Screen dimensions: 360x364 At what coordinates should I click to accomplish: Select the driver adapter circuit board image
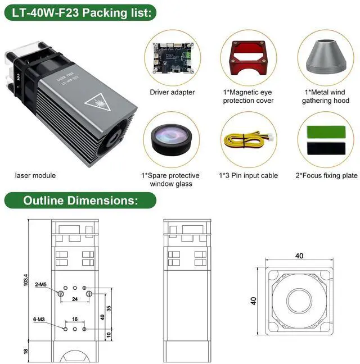[x=172, y=58]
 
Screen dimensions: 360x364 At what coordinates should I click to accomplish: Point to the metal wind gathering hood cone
[x=325, y=58]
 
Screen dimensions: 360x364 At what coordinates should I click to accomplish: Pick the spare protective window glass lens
[x=172, y=140]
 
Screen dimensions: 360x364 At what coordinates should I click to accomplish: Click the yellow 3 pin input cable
[x=248, y=140]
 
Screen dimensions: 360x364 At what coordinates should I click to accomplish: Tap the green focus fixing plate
[x=325, y=131]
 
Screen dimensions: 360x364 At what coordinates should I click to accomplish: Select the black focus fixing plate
[x=325, y=149]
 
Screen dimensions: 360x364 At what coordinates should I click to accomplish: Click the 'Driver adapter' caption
[x=172, y=92]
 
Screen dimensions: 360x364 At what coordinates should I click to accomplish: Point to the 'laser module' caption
[x=35, y=175]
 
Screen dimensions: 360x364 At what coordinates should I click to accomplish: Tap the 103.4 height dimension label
[x=25, y=279]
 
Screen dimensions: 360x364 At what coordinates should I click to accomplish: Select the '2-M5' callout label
[x=40, y=285]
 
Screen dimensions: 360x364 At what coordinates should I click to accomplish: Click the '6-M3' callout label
[x=39, y=320]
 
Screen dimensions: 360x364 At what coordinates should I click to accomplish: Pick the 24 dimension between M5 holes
[x=75, y=299]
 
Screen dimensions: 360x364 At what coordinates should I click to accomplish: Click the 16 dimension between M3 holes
[x=75, y=319]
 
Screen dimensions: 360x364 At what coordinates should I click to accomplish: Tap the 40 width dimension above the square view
[x=299, y=256]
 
